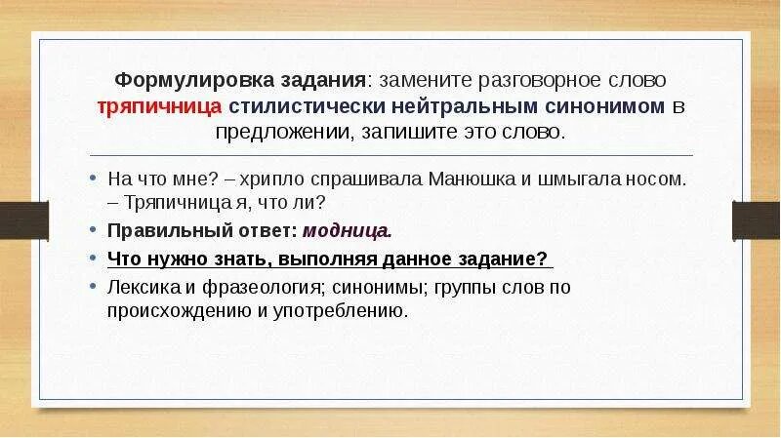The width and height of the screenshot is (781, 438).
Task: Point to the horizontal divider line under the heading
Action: point(390,155)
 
